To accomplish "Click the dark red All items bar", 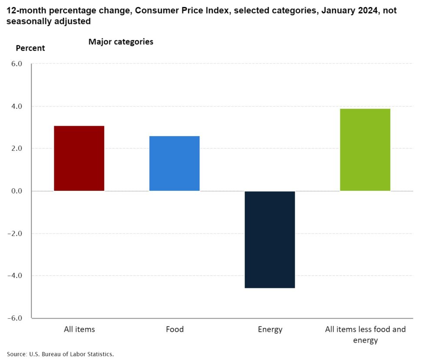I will pyautogui.click(x=79, y=158).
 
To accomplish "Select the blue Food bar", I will pyautogui.click(x=174, y=163).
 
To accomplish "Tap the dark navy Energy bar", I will pyautogui.click(x=270, y=239).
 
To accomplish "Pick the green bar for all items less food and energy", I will pyautogui.click(x=365, y=150).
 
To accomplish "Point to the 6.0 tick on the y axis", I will pyautogui.click(x=22, y=64).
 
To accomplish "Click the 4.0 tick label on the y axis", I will pyautogui.click(x=22, y=107).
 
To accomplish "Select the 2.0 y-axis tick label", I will pyautogui.click(x=22, y=149).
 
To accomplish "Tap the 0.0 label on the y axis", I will pyautogui.click(x=22, y=191).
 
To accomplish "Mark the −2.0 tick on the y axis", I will pyautogui.click(x=20, y=233).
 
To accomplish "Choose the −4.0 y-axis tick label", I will pyautogui.click(x=20, y=276).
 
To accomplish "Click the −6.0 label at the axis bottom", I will pyautogui.click(x=20, y=318).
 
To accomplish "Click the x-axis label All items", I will pyautogui.click(x=79, y=329).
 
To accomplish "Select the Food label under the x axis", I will pyautogui.click(x=175, y=329).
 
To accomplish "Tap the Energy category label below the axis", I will pyautogui.click(x=270, y=329).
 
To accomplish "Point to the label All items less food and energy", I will pyautogui.click(x=365, y=334).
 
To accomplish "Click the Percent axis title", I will pyautogui.click(x=30, y=48).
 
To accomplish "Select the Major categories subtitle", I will pyautogui.click(x=121, y=42).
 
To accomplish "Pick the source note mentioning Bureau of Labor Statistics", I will pyautogui.click(x=60, y=354).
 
